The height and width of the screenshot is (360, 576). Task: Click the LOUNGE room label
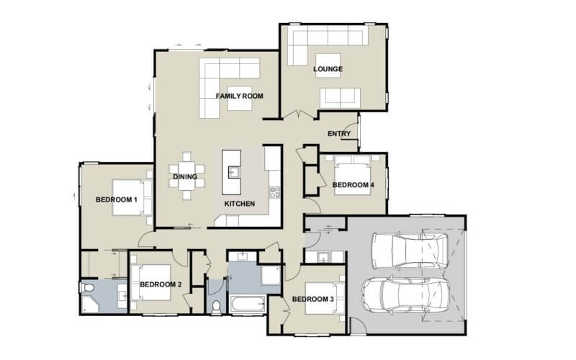pyautogui.click(x=328, y=69)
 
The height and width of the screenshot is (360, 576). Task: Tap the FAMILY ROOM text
pyautogui.click(x=239, y=95)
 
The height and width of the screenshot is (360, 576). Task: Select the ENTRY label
pyautogui.click(x=339, y=134)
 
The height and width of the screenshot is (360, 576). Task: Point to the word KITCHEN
pyautogui.click(x=239, y=204)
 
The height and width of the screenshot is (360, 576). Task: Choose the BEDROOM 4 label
pyautogui.click(x=353, y=185)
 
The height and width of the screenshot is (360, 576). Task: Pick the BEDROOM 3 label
pyautogui.click(x=313, y=299)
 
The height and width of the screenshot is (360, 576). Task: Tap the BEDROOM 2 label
pyautogui.click(x=160, y=284)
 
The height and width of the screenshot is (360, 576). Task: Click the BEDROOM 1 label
pyautogui.click(x=116, y=199)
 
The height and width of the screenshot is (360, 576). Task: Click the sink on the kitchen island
pyautogui.click(x=233, y=171)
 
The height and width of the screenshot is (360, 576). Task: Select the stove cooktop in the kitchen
pyautogui.click(x=274, y=192)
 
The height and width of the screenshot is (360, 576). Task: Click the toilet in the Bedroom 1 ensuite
pyautogui.click(x=88, y=289)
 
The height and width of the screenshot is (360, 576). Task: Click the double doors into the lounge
pyautogui.click(x=300, y=115)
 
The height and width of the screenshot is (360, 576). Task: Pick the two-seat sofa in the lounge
pyautogui.click(x=340, y=96)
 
